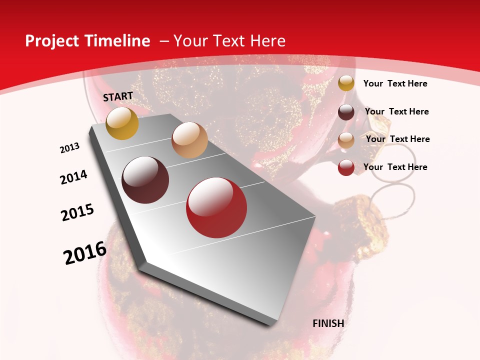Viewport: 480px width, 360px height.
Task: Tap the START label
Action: (118, 96)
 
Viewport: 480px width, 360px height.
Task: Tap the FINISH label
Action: (328, 323)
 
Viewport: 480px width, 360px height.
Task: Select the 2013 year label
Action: (70, 148)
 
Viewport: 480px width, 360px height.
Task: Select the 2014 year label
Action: (74, 177)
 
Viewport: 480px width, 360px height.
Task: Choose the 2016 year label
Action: (85, 253)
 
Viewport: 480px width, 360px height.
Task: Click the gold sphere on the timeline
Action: (122, 123)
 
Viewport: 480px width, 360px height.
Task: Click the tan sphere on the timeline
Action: (189, 140)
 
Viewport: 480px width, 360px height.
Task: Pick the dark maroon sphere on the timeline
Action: (145, 180)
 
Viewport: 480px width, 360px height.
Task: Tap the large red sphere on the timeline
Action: (216, 207)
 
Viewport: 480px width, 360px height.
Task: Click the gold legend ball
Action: (346, 83)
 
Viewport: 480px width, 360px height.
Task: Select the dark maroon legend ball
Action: (346, 112)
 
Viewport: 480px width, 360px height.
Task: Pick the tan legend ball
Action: (346, 140)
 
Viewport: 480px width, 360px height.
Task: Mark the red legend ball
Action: (346, 167)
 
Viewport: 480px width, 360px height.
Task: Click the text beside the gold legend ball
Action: (395, 83)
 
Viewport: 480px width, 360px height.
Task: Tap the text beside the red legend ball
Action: (395, 167)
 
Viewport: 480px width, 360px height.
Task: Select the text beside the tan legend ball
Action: (397, 139)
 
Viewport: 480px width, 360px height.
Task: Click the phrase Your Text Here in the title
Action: (229, 41)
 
